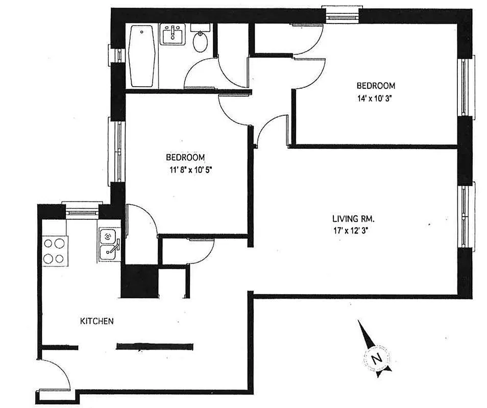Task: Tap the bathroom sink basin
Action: [x=173, y=36]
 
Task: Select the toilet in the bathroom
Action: [x=200, y=41]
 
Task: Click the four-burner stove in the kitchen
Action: [x=55, y=250]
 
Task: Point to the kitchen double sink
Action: [x=109, y=244]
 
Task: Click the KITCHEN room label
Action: [x=96, y=321]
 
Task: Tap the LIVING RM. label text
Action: [x=353, y=219]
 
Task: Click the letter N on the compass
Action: [x=377, y=358]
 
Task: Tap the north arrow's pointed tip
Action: [x=359, y=321]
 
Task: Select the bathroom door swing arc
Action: [x=202, y=74]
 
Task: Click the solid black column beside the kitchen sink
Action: [x=139, y=281]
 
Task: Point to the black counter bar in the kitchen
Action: [x=155, y=346]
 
